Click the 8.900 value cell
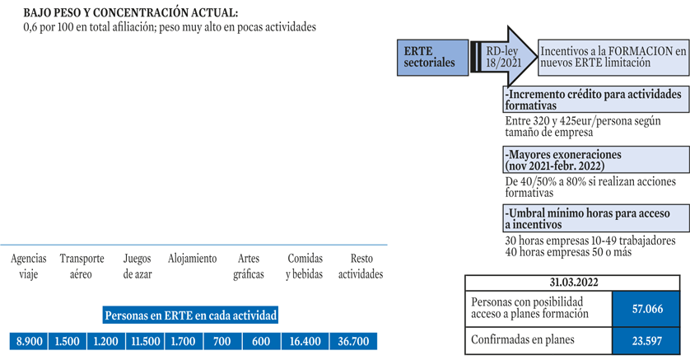coord(29,341)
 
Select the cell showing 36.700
coord(353,341)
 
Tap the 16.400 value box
coord(305,341)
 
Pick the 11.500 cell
coord(145,341)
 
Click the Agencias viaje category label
coord(29,266)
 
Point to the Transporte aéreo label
coord(82,266)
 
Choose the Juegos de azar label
coord(138,266)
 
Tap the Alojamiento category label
coord(193,259)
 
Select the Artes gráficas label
coord(249,266)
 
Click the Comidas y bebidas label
coord(305,266)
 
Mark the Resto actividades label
coord(361,266)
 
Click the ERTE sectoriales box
coord(432,58)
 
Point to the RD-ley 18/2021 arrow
coord(504,57)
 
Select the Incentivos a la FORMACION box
coord(613,58)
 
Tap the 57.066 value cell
coord(646,308)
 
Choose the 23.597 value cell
coord(646,340)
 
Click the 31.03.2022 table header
coord(572,283)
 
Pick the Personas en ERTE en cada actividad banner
coord(190,316)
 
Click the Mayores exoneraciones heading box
coord(596,160)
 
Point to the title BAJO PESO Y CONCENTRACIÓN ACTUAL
coord(131,12)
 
